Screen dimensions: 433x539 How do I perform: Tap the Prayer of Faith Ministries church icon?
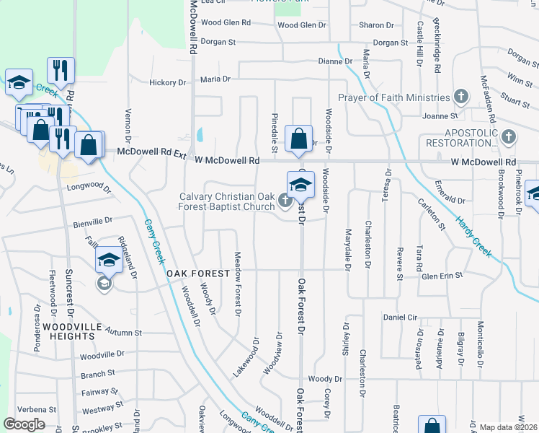461,97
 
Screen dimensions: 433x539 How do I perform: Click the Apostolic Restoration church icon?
509,136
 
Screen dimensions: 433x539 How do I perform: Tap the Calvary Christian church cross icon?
285,201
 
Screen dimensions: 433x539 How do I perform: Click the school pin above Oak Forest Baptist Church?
301,185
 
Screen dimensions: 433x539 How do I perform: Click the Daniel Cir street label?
401,317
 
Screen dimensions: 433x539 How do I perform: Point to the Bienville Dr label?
93,220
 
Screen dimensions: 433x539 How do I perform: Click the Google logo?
24,424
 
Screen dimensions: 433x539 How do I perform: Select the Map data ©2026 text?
508,427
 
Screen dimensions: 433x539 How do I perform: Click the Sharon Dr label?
376,25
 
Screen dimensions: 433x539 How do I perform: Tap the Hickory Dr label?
167,82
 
